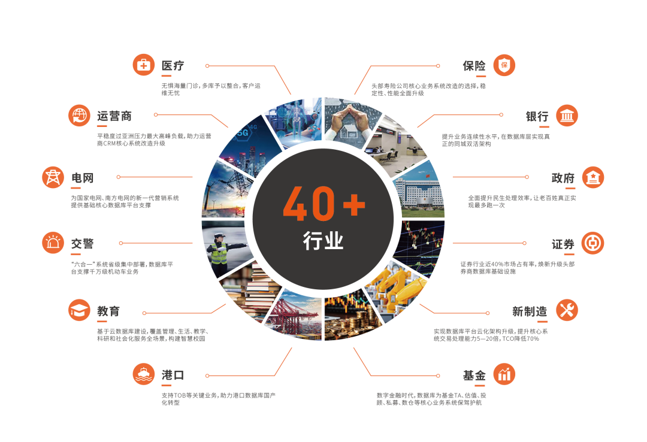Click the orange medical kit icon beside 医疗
click(x=144, y=65)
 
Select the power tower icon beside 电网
click(x=53, y=177)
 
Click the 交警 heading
click(x=83, y=244)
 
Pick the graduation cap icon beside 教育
click(x=79, y=311)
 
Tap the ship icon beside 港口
click(x=144, y=375)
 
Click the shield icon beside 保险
click(x=504, y=65)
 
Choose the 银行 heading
click(x=537, y=116)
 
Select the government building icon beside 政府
click(x=593, y=177)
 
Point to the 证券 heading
click(x=563, y=244)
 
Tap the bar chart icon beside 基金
click(x=504, y=375)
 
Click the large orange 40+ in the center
click(x=323, y=202)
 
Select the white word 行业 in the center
click(x=323, y=241)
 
